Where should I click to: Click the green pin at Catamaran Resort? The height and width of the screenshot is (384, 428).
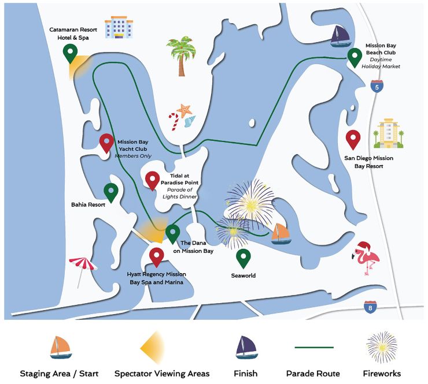point(71,53)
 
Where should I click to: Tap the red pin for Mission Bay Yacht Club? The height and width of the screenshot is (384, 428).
point(107,142)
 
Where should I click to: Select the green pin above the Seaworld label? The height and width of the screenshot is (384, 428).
point(244,257)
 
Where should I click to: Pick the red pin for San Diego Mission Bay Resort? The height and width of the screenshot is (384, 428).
point(353,139)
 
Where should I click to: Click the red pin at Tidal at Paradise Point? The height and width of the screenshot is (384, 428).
point(153,180)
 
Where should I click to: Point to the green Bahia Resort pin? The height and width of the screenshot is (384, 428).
point(110,191)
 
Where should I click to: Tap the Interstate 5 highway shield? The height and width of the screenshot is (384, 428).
point(377,87)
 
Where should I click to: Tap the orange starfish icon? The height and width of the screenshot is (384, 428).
point(183,109)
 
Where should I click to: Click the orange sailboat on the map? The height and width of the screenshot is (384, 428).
point(281,233)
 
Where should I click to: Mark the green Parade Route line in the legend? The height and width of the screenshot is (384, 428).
point(314,347)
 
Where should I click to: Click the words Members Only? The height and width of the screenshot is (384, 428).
point(133,156)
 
